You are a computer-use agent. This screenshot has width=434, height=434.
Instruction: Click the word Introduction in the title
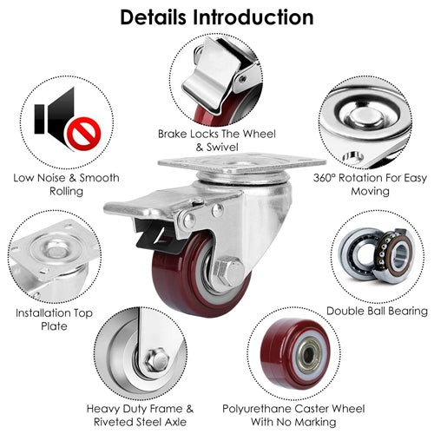point(253,17)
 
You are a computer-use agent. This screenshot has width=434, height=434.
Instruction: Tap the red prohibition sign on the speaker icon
point(83,134)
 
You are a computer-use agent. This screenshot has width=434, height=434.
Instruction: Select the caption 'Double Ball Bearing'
point(377,311)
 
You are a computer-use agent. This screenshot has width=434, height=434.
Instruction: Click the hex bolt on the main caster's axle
point(229,273)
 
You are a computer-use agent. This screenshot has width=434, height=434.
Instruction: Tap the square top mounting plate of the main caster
point(242,164)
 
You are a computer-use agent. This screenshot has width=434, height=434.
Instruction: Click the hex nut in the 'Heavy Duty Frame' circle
point(156,360)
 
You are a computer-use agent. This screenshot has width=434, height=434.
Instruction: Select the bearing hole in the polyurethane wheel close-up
point(309,355)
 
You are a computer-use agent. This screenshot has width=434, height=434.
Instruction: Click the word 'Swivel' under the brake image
point(222,148)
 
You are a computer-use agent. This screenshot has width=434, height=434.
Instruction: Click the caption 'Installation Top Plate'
point(54,319)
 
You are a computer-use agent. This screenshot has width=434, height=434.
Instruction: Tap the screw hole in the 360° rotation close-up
point(353,158)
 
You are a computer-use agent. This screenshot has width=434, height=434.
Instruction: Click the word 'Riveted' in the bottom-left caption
point(114,422)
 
